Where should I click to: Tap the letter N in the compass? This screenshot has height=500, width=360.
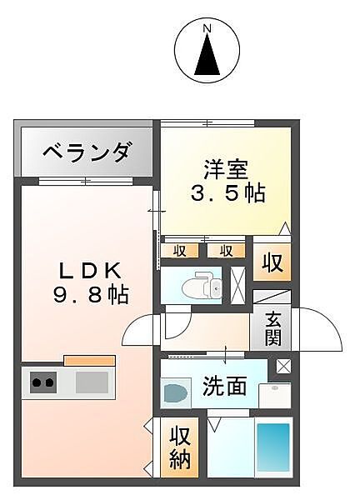point(207,30)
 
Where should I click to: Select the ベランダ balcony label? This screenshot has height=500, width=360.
point(86,153)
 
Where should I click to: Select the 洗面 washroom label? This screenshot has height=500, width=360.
point(225,386)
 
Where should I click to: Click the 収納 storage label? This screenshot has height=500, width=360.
point(180,447)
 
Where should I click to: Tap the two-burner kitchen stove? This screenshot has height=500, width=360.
point(42,383)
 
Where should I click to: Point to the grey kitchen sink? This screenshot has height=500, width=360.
point(92,383)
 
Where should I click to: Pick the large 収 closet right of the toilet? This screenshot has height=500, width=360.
point(273,263)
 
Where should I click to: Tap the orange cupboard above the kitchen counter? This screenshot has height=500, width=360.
point(89,360)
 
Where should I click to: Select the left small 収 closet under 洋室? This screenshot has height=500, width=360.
point(179,250)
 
